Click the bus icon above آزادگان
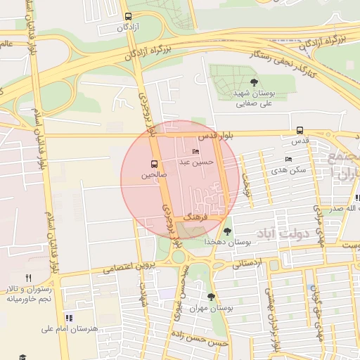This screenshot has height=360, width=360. (x=127, y=16)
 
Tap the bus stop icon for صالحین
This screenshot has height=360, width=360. (x=155, y=163)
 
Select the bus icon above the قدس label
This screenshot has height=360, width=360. (x=300, y=130)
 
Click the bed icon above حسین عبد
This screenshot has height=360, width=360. (x=195, y=152)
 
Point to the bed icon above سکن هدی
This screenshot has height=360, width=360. (x=288, y=160)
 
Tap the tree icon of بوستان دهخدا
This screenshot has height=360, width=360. (x=226, y=231)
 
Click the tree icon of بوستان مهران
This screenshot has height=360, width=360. (x=211, y=297)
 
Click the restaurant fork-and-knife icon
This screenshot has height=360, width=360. (x=28, y=278)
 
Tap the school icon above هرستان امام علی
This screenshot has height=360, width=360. (x=68, y=318)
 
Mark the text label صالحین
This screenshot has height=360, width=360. (x=154, y=173)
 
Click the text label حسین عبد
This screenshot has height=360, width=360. (x=195, y=162)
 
